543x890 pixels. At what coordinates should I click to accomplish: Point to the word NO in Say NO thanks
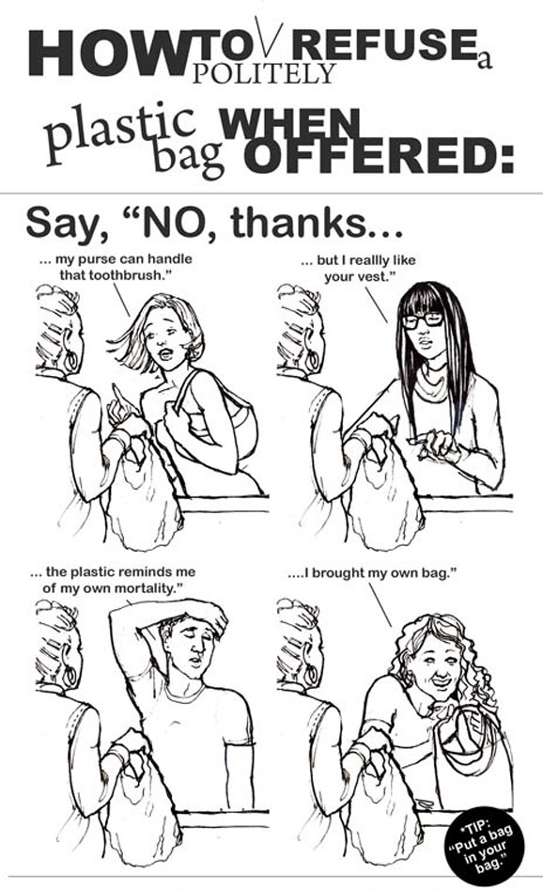(x=170, y=224)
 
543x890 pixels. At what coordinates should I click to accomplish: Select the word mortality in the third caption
(x=150, y=587)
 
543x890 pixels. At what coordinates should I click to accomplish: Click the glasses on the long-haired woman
(x=423, y=320)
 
